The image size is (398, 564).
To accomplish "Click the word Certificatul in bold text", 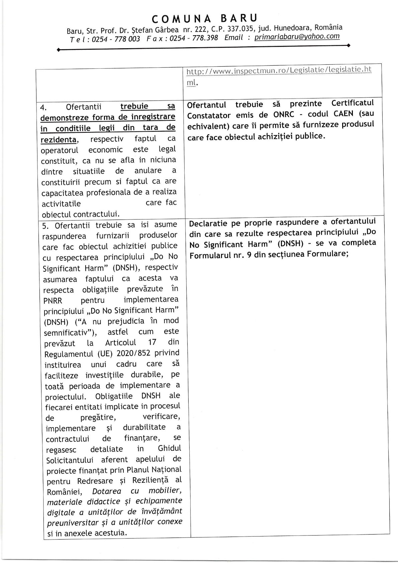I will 352,103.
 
